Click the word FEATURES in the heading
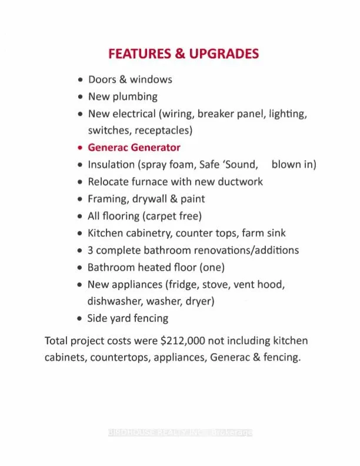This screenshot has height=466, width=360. tap(138, 54)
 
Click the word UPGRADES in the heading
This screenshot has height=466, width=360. tap(224, 54)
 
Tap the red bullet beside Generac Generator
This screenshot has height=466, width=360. tap(81, 148)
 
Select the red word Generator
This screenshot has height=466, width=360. tap(156, 148)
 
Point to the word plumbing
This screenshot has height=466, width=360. tap(135, 96)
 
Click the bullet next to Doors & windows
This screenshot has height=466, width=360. tap(81, 79)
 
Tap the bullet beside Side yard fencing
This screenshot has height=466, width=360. tap(81, 318)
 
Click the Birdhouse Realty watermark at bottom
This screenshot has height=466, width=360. tap(180, 432)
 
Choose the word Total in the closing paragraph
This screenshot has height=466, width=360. tap(57, 341)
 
